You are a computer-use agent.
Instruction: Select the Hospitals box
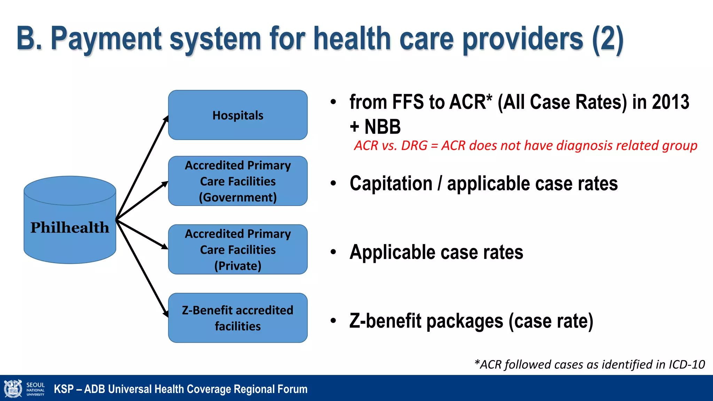point(238,115)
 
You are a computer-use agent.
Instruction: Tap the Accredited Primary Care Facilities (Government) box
point(238,181)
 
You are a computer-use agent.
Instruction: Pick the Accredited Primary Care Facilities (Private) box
point(238,250)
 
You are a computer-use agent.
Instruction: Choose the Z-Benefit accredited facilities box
point(238,318)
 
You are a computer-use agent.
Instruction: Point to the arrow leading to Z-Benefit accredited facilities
point(143,270)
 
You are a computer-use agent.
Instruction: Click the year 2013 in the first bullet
point(671,102)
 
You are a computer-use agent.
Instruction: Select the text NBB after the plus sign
point(382,127)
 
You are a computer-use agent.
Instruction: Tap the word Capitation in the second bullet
point(391,183)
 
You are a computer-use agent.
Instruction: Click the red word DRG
point(414,146)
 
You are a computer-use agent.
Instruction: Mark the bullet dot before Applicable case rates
point(334,252)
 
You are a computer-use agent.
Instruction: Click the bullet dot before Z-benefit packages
point(334,321)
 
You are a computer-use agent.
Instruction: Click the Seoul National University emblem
point(13,389)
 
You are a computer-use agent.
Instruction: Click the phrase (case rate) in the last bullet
point(551,321)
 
